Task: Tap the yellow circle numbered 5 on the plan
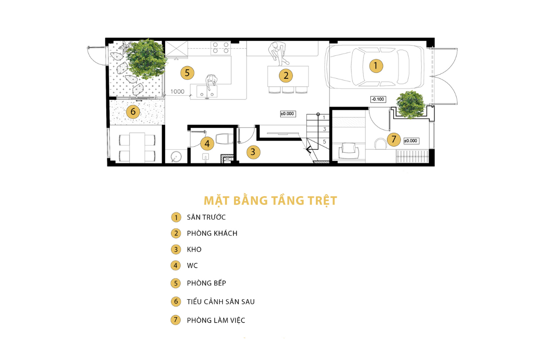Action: pos(187,73)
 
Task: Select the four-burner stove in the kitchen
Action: pos(220,48)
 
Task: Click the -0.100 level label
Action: pos(378,99)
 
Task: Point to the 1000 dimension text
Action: pos(177,92)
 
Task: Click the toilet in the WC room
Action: pos(225,139)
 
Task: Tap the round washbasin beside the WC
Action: pos(176,156)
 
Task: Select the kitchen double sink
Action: pos(207,92)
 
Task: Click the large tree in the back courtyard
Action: pos(146,59)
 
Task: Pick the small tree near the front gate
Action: pos(410,105)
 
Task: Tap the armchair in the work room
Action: pos(349,150)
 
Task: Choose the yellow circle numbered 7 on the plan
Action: pos(394,139)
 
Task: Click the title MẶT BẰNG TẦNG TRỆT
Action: pos(270,201)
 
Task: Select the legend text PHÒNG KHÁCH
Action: pos(212,234)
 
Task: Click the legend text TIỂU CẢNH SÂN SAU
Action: pos(221,301)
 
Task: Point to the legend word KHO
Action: pos(194,249)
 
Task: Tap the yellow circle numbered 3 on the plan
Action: pos(253,152)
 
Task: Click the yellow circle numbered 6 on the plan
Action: pos(133,112)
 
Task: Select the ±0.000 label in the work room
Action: pos(411,141)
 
